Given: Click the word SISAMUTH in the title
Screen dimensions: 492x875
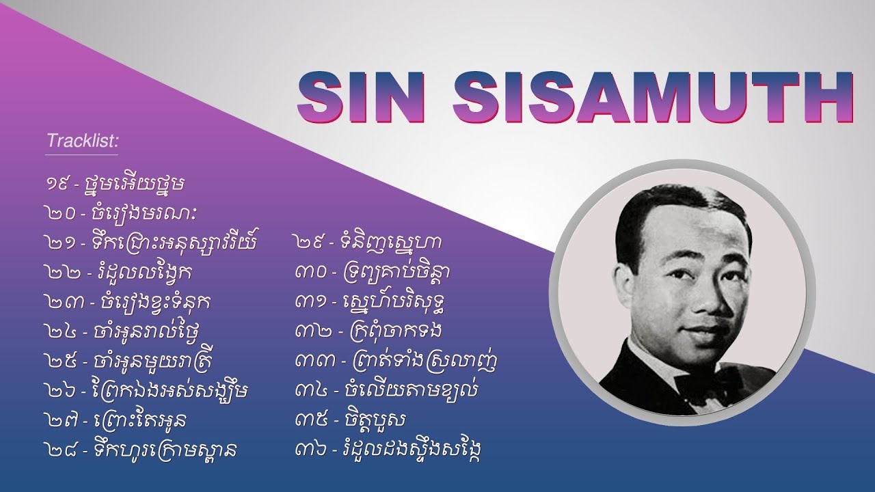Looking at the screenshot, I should click(x=654, y=96).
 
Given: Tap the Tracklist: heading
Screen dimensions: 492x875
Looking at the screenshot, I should click(x=83, y=141).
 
